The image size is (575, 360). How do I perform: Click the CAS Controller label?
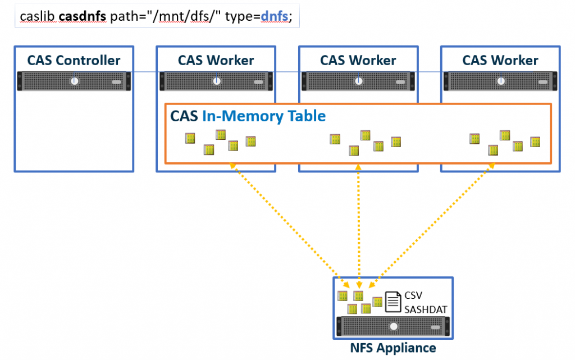74,61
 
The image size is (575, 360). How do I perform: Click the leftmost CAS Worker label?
216,61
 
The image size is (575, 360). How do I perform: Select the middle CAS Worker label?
358,61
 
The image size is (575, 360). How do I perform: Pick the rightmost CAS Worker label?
500,61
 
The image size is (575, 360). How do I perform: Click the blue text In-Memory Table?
263,116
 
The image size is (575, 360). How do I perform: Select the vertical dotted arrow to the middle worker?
358,225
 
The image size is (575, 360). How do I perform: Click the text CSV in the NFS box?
414,295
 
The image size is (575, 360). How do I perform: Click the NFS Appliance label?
393,348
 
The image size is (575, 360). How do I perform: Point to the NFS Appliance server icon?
393,326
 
